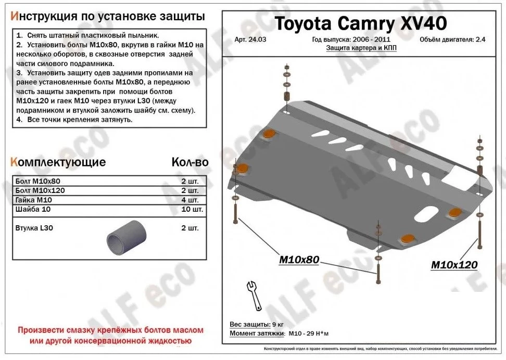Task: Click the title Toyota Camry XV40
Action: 360,23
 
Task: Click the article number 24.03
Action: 248,40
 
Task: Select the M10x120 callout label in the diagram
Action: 454,265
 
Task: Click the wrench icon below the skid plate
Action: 254,295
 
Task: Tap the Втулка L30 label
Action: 34,228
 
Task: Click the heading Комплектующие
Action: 58,162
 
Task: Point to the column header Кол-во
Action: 189,162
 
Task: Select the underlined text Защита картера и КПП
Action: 358,47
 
